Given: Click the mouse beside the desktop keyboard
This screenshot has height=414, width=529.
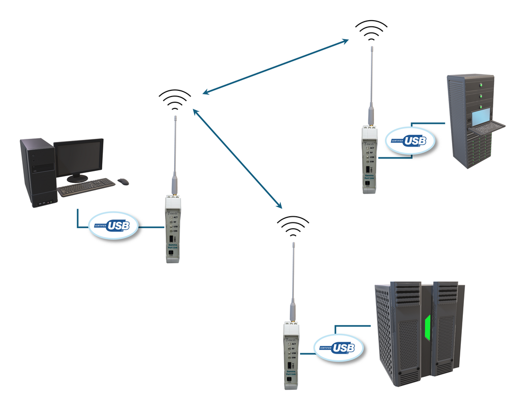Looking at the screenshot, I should point(123,181).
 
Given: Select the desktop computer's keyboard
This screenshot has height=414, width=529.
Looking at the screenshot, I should point(86,187).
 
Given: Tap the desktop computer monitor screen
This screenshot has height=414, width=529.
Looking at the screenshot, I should point(79,157).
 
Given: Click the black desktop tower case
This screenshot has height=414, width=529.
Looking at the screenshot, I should point(38,172).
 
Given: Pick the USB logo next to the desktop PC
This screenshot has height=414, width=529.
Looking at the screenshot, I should point(114,226).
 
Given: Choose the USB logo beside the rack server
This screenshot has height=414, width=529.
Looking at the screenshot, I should point(411,140).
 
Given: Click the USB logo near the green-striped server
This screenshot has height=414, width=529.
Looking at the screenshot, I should point(338,348).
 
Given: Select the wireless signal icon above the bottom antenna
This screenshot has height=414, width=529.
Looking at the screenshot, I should point(293,226).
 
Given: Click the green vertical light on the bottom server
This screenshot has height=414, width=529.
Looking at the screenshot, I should point(427,333).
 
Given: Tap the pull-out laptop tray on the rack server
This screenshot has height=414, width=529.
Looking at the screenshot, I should point(486,126).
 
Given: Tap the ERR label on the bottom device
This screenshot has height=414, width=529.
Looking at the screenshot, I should point(293,357).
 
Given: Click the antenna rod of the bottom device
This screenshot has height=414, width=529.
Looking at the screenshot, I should point(293,274).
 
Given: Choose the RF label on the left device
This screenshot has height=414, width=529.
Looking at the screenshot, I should point(175,222).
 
